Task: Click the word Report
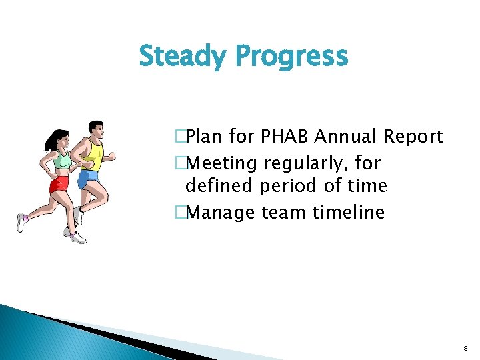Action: (413, 137)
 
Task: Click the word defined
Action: (216, 185)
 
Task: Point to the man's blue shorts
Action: (87, 179)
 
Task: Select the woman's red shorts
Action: (59, 184)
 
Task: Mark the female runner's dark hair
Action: (53, 139)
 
